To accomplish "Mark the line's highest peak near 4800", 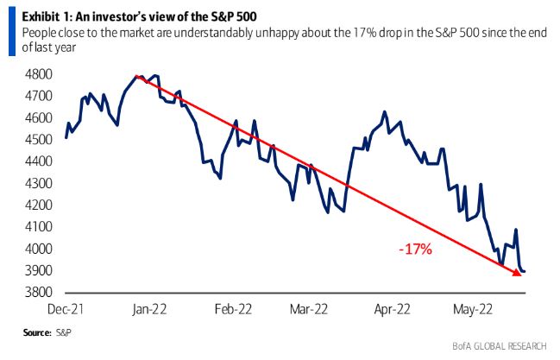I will tap(138, 76).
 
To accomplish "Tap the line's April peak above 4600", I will tap(385, 112).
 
